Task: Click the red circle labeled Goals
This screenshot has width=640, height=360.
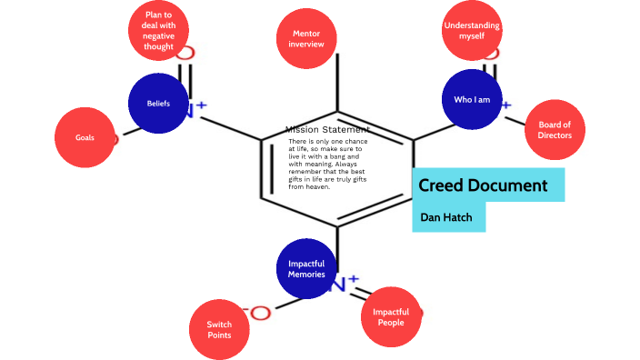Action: [x=85, y=138]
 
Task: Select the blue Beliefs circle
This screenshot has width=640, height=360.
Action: [x=158, y=104]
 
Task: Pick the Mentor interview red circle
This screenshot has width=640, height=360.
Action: [x=306, y=38]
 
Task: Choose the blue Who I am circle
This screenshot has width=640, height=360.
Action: [x=471, y=99]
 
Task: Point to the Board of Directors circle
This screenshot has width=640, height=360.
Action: [x=555, y=130]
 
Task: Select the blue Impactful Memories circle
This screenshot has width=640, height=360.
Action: [x=305, y=269]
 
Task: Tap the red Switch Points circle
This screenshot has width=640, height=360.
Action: [x=218, y=329]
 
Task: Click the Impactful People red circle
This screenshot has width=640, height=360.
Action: [x=391, y=316]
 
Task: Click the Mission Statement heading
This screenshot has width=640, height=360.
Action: [x=327, y=130]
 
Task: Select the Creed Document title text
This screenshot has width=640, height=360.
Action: [x=483, y=186]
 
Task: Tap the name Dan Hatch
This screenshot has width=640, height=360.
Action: [x=446, y=217]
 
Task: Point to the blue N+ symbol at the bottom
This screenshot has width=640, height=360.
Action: [x=342, y=284]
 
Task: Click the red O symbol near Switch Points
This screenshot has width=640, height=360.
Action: [x=260, y=314]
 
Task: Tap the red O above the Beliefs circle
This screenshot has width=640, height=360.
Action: [x=185, y=53]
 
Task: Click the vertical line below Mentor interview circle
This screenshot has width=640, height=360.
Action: [x=338, y=86]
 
